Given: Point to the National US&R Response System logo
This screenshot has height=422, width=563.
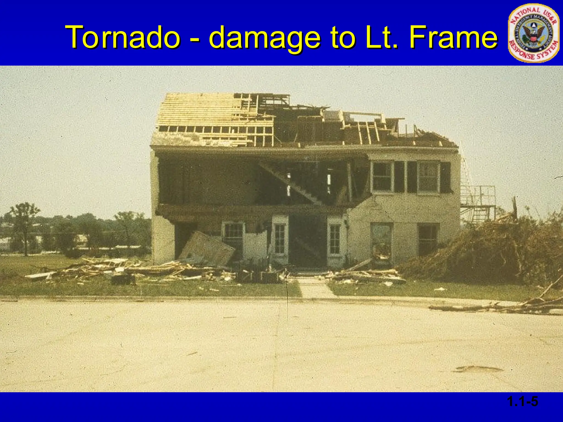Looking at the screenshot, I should pos(533,34).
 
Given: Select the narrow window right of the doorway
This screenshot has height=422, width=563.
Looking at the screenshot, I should pos(335,239).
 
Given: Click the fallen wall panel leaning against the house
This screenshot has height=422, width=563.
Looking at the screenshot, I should pos(207,249).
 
